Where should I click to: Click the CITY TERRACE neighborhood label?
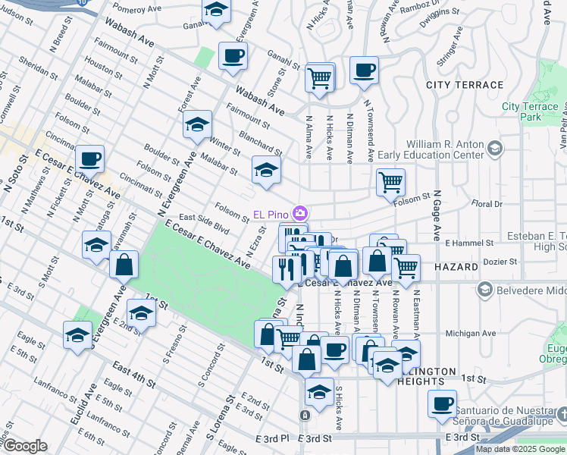click(x=464, y=85)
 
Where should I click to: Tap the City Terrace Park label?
click(x=530, y=111)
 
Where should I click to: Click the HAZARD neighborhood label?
click(x=456, y=268)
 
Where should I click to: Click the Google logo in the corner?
click(x=24, y=446)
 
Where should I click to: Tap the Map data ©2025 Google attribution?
click(x=520, y=449)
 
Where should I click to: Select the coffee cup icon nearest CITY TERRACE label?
click(x=364, y=70)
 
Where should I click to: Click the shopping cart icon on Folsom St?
click(x=390, y=181)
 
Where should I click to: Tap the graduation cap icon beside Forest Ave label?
click(x=198, y=124)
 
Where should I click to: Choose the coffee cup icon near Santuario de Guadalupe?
click(x=442, y=403)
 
